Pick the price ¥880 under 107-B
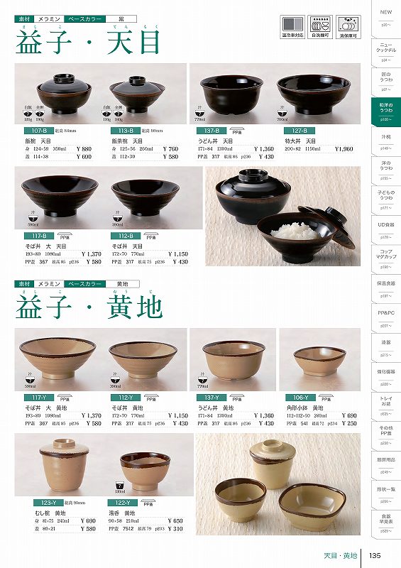(82, 149)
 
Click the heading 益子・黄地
(89, 307)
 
